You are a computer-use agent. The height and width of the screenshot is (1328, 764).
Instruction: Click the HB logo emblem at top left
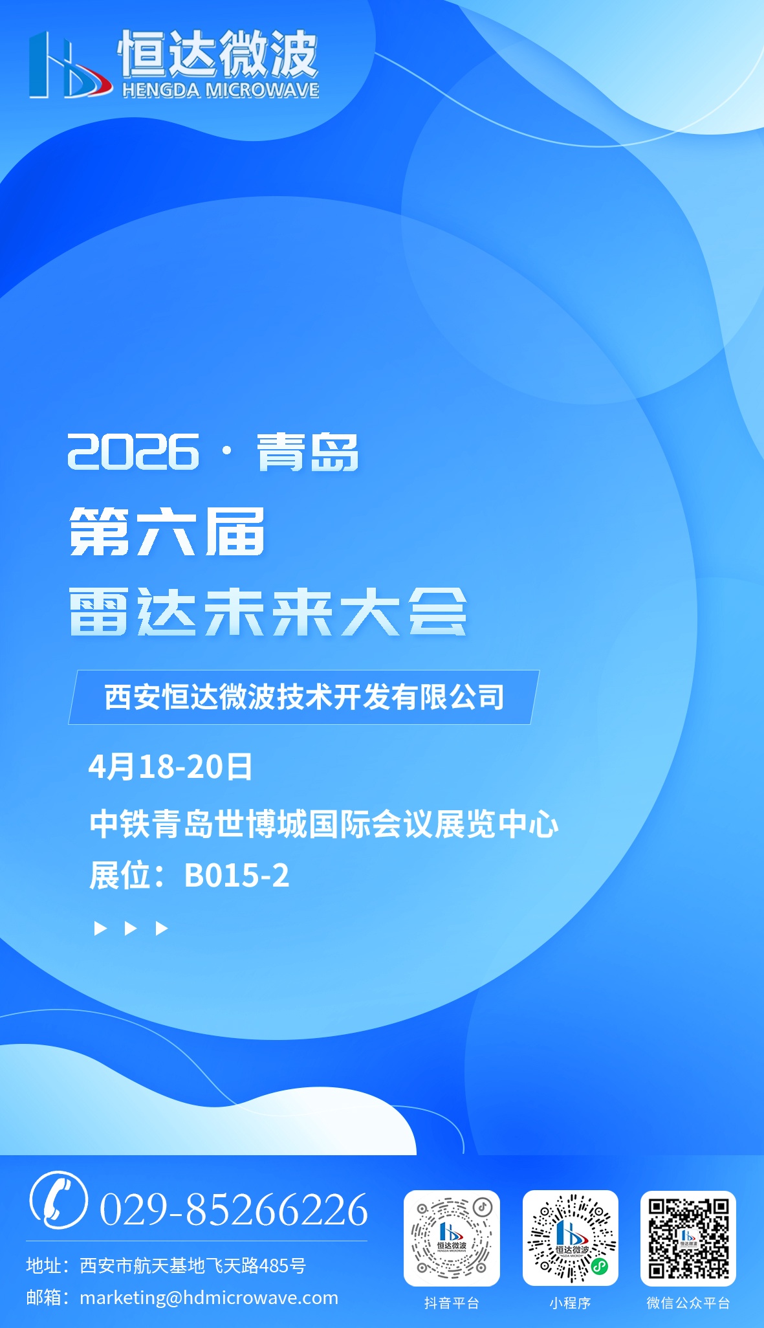(x=69, y=65)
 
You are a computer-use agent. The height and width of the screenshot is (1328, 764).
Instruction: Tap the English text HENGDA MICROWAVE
(x=221, y=89)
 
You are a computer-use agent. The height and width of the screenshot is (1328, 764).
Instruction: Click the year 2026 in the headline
(x=133, y=451)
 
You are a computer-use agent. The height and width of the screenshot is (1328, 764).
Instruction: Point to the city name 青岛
(x=308, y=452)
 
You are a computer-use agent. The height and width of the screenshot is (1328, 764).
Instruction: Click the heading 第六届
(x=167, y=531)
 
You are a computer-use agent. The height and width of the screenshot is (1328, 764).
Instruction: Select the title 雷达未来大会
(x=268, y=612)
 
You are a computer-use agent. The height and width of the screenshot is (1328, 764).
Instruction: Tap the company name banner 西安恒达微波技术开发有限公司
(x=304, y=697)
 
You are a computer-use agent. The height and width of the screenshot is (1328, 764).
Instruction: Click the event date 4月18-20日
(x=170, y=767)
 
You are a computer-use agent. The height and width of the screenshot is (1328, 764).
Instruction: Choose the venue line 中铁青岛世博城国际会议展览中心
(x=323, y=824)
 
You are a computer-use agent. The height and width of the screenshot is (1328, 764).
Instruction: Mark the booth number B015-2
(x=237, y=876)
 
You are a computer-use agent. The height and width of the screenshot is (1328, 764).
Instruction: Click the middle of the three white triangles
(x=131, y=929)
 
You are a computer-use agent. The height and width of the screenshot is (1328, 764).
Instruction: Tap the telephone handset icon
(x=58, y=1199)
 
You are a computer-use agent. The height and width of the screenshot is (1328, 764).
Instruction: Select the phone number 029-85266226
(x=234, y=1209)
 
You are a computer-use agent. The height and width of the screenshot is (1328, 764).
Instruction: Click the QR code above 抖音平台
(x=452, y=1238)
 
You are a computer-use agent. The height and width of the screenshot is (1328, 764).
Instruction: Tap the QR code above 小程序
(x=571, y=1238)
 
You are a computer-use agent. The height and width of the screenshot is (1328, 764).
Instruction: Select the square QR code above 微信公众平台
(x=688, y=1238)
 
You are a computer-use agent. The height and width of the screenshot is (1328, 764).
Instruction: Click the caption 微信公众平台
(x=688, y=1303)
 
